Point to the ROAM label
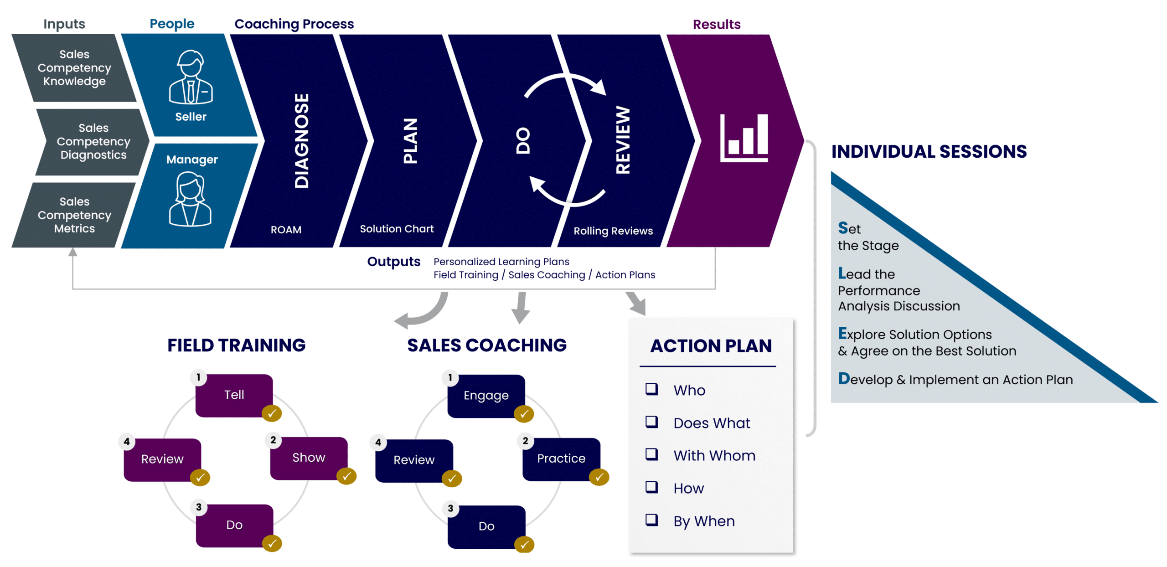tap(286, 230)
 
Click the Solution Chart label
tap(397, 229)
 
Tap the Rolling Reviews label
tap(613, 231)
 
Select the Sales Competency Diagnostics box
tap(93, 141)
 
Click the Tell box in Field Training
tap(234, 395)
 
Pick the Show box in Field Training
tap(309, 458)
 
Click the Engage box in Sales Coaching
tap(486, 396)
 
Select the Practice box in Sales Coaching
tap(561, 459)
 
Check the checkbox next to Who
tap(651, 389)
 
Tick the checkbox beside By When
tap(651, 520)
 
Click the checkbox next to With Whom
tap(651, 454)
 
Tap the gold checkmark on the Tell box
tap(272, 413)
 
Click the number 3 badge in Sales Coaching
tap(450, 508)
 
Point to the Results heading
tap(716, 24)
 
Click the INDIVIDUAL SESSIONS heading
tap(929, 152)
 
